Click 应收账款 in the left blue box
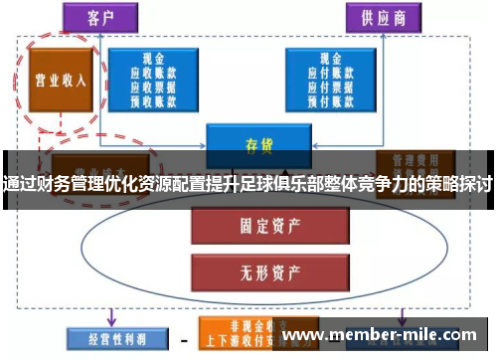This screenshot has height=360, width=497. point(152,73)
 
